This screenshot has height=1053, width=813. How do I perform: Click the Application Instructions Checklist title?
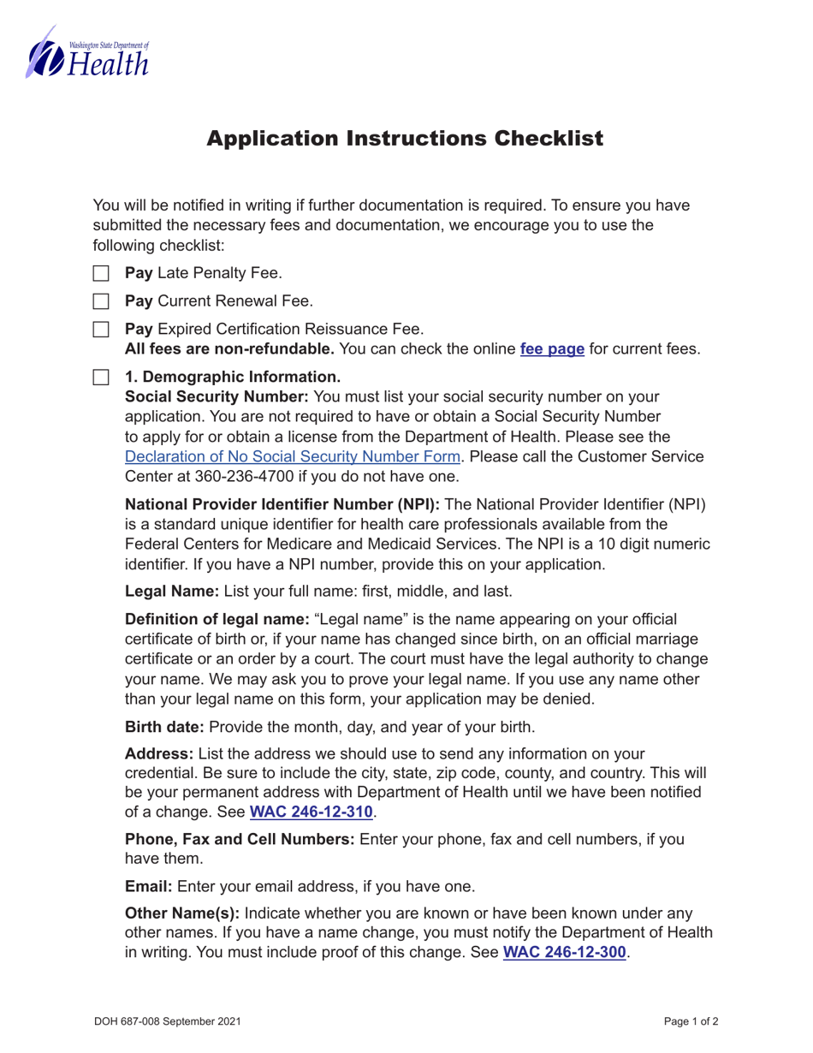click(405, 139)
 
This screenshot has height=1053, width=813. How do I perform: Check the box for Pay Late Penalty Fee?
click(101, 274)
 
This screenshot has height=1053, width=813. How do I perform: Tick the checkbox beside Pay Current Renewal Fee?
click(101, 301)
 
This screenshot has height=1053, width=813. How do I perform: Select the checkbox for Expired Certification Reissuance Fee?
click(101, 329)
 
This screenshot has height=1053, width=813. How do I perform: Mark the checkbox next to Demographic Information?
click(101, 377)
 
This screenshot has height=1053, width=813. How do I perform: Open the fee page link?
click(552, 349)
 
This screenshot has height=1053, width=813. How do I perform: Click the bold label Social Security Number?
click(217, 396)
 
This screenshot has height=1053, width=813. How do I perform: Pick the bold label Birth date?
click(165, 728)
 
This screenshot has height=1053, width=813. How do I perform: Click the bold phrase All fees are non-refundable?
click(229, 349)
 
